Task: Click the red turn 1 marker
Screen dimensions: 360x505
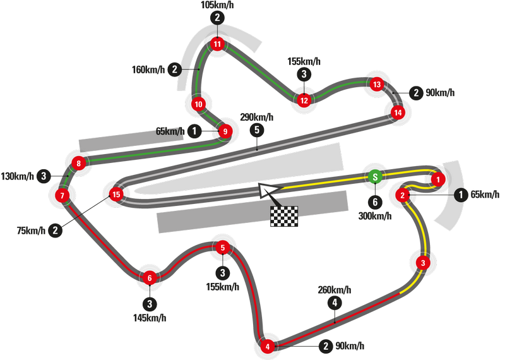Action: tap(439, 179)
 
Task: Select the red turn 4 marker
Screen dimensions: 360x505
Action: tap(268, 346)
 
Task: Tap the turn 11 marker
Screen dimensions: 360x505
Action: tap(217, 44)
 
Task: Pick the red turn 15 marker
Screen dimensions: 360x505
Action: tap(116, 195)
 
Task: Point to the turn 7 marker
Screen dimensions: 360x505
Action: tap(62, 196)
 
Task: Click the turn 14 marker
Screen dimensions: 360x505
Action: tap(397, 113)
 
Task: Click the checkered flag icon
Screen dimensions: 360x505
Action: tap(284, 216)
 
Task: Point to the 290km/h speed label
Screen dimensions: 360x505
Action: tap(257, 117)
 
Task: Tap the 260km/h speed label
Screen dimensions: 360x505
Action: tap(335, 289)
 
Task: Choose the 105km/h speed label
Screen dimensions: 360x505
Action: tap(217, 5)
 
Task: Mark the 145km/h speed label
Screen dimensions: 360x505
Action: tap(149, 317)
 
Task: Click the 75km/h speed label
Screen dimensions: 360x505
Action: tap(32, 231)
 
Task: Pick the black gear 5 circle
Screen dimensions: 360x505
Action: tap(257, 129)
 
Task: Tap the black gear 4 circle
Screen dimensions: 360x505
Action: tap(335, 303)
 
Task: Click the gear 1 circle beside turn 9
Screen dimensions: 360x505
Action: tap(195, 131)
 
